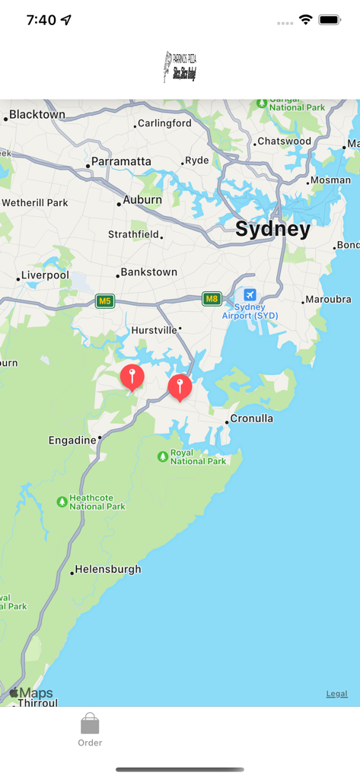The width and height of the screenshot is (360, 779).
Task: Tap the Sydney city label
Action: [x=272, y=230]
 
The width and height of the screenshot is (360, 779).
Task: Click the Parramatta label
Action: [x=121, y=161]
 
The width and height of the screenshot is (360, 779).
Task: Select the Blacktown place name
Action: [x=37, y=115]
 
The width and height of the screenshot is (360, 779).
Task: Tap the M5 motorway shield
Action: [x=105, y=301]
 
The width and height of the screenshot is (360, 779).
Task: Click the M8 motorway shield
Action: [x=212, y=299]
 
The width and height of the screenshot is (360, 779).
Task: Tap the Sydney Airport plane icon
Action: [x=250, y=295]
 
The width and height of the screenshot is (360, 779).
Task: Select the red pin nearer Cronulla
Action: [x=180, y=386]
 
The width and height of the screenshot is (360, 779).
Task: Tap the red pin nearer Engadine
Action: [x=132, y=375]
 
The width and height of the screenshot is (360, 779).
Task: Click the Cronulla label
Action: [x=251, y=419]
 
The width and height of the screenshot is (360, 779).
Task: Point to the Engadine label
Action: [x=72, y=440]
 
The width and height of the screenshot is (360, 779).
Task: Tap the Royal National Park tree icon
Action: [x=162, y=456]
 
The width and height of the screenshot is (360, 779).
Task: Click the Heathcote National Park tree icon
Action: [x=62, y=502]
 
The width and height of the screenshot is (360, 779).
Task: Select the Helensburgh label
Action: [x=107, y=570]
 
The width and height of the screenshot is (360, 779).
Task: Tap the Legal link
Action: [x=336, y=694]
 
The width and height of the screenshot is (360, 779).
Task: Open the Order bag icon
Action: [x=90, y=723]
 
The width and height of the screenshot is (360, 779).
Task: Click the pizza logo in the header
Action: [x=180, y=67]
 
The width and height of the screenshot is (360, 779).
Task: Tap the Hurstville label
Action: [x=154, y=330]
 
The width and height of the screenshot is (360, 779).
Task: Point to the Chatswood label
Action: [x=284, y=141]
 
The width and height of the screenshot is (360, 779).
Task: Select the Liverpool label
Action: [x=45, y=275]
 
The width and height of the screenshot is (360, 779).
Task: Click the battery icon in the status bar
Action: [x=330, y=20]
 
